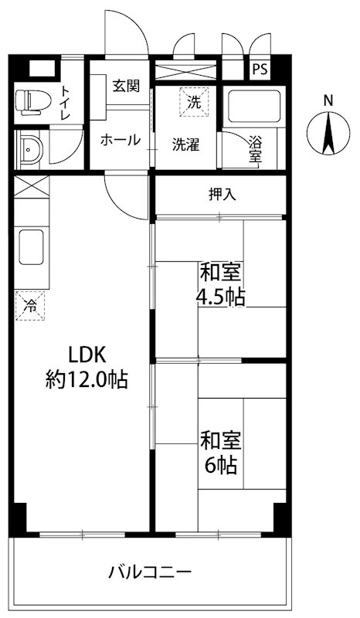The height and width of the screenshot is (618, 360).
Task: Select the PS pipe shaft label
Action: (x=260, y=69)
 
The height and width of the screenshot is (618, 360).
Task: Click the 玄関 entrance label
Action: (x=124, y=85)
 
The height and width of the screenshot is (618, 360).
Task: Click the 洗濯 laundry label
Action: (x=188, y=143)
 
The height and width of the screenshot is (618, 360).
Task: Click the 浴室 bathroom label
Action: (x=256, y=150)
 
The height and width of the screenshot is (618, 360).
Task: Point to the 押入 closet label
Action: (x=222, y=195)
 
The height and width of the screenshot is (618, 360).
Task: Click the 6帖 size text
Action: (x=221, y=467)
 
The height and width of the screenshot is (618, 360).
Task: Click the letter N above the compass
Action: (x=328, y=100)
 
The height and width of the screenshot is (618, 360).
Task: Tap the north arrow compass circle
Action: (x=328, y=133)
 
